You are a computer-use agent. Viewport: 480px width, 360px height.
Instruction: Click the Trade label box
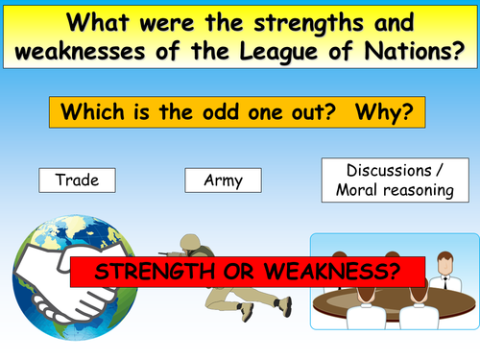pyautogui.click(x=77, y=179)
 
